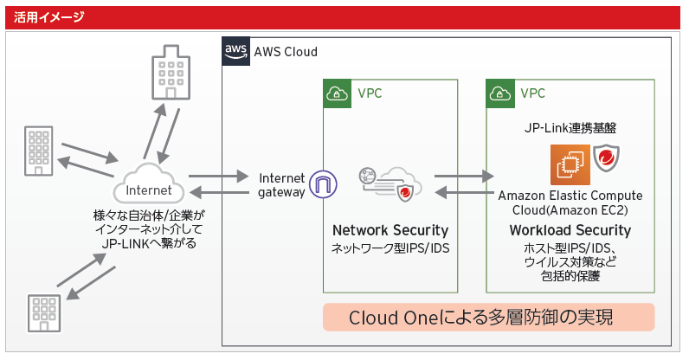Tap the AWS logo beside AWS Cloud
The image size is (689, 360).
[235, 51]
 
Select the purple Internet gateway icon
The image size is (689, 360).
[325, 184]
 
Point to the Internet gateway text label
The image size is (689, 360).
[282, 184]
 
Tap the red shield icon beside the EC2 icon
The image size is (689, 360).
[606, 161]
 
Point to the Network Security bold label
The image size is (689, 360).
[390, 230]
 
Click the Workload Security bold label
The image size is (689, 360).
[570, 230]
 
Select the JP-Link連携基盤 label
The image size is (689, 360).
[570, 127]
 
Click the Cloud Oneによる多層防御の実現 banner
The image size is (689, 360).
[488, 318]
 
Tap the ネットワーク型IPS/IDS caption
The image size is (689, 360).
[390, 248]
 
